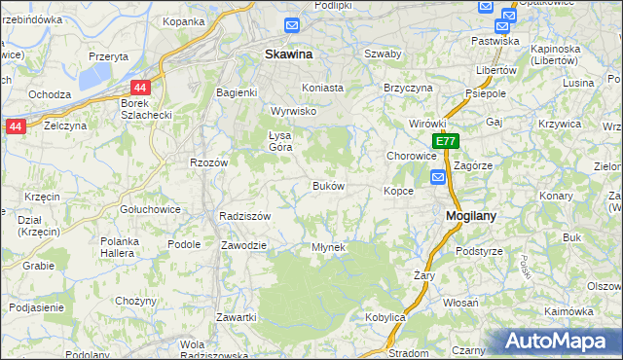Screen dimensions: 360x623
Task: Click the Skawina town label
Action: tap(289, 55)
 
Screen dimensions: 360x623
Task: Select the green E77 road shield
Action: tap(445, 141)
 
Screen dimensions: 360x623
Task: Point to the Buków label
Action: tap(328, 185)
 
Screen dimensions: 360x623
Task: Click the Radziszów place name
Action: tap(244, 216)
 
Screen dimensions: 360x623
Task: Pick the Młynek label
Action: tap(328, 247)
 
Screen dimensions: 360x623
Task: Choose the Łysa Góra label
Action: tap(280, 140)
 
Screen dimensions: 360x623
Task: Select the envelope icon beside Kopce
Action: tap(438, 177)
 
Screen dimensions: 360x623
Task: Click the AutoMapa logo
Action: tap(559, 342)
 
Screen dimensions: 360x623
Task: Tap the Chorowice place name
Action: tap(411, 156)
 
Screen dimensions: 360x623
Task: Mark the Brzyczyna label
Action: tap(408, 87)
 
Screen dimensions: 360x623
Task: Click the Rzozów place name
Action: tap(208, 162)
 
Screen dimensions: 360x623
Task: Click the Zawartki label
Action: tap(237, 318)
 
